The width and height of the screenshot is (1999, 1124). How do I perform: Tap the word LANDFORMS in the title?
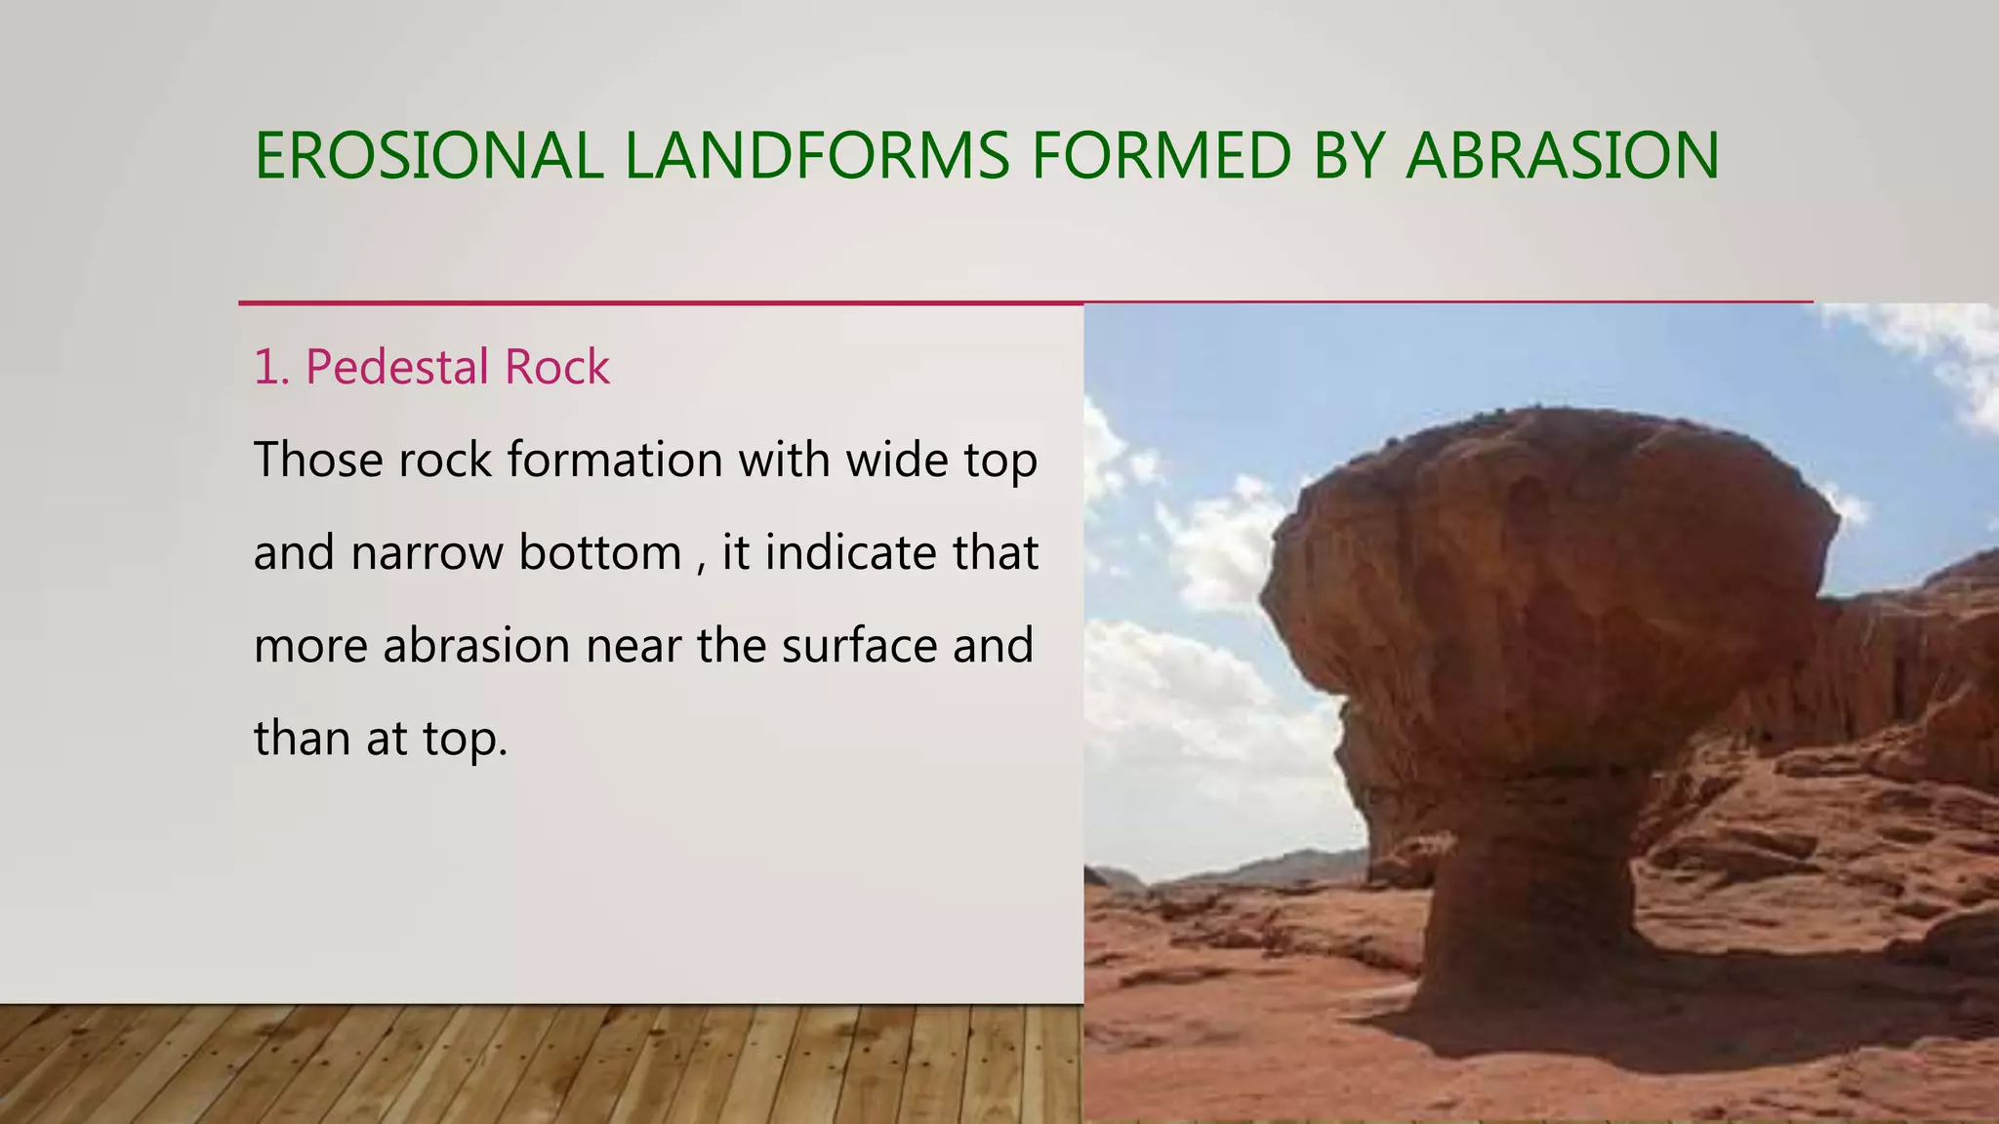[817, 156]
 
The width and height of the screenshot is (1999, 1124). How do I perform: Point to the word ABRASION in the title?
[1563, 156]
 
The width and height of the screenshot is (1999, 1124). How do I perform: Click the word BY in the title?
[1349, 156]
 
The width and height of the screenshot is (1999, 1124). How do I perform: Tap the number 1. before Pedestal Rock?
[271, 368]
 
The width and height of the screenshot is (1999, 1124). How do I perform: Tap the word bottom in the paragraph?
[599, 553]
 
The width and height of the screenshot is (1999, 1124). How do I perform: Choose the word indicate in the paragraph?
[840, 553]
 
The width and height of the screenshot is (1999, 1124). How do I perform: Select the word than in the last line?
[302, 739]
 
